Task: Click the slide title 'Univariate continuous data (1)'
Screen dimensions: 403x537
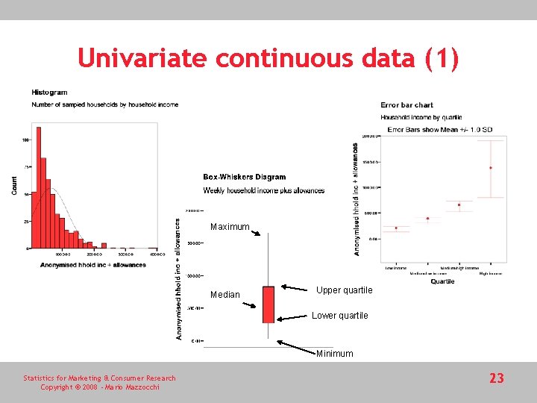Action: pos(268,59)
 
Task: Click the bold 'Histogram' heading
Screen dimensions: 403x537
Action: pos(49,93)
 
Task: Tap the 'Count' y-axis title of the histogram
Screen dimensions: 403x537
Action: pos(14,186)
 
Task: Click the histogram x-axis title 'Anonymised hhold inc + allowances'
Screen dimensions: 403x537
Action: pos(93,265)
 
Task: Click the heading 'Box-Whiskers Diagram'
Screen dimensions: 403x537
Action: pos(244,177)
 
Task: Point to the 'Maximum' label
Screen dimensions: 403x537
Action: pos(229,227)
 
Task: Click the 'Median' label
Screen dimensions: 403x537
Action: pos(224,295)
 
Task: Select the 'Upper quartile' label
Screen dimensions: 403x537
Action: pos(344,290)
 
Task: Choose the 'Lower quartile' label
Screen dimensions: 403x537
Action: pos(339,316)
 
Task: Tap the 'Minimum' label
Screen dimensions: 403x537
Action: pos(334,354)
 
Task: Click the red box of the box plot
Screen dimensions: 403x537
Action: pos(268,304)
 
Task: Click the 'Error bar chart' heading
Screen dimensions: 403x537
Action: pos(406,105)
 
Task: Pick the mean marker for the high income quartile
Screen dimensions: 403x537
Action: pos(490,168)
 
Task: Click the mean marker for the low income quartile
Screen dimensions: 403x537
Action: pos(396,228)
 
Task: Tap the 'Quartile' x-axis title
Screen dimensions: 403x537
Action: pos(442,281)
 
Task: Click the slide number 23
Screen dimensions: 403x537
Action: pos(497,378)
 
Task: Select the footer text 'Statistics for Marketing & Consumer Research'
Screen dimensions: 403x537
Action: pos(99,378)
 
